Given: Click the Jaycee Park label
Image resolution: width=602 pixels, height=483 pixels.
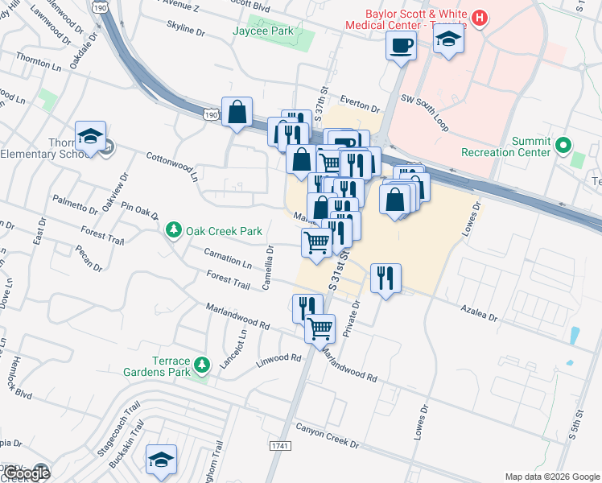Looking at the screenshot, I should (262, 31).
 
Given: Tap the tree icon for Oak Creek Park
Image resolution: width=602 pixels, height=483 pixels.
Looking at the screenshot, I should (173, 231).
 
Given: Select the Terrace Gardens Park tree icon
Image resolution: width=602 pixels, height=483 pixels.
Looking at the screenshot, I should (203, 365).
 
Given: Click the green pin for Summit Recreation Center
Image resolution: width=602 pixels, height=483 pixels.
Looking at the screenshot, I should (563, 146).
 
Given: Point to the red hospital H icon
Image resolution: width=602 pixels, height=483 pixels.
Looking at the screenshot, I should (480, 18).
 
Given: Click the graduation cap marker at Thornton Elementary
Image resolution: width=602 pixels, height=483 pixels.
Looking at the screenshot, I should (91, 135).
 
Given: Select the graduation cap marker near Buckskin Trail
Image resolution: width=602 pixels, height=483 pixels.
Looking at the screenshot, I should (162, 459).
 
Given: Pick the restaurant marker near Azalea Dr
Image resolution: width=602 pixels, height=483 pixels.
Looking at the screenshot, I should (386, 279).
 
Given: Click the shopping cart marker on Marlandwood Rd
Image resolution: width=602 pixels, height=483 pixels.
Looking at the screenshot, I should (320, 328).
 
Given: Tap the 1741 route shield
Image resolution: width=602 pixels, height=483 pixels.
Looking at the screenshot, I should (280, 445).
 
